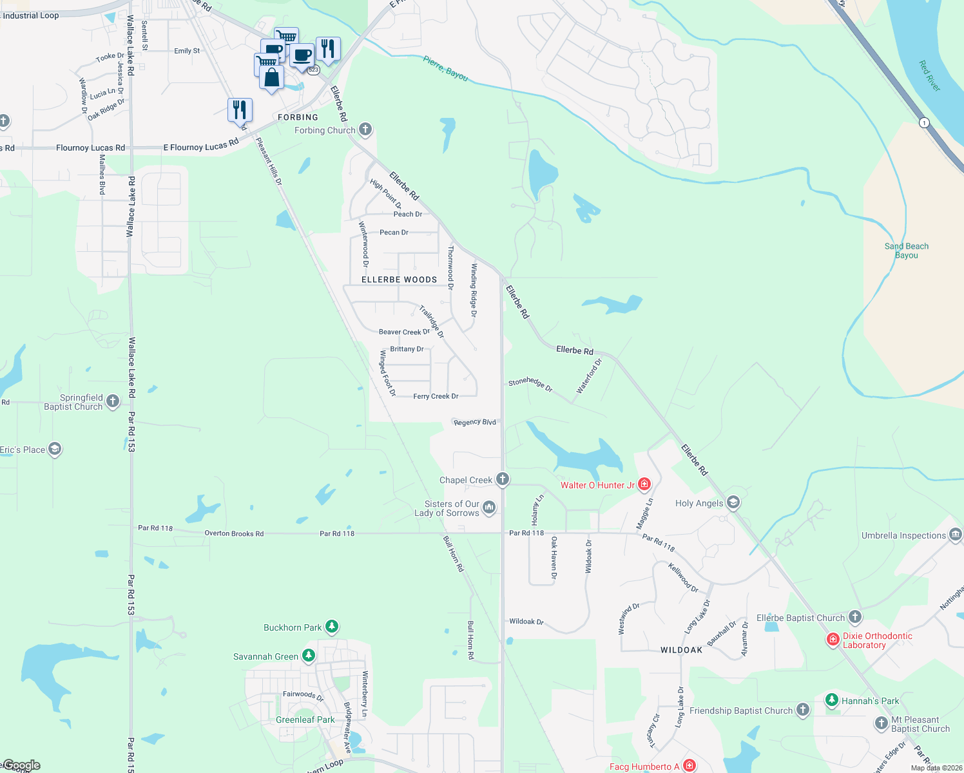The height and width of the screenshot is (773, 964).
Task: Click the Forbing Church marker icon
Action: (365, 129)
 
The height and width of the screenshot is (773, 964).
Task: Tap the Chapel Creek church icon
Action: (503, 479)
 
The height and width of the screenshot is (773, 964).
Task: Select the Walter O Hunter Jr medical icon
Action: (644, 484)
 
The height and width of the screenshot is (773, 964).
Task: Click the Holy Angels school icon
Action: (733, 502)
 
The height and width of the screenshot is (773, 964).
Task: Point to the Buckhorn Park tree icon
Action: (331, 626)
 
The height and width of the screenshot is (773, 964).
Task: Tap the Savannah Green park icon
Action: (309, 656)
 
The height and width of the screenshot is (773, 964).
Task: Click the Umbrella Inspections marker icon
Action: (956, 535)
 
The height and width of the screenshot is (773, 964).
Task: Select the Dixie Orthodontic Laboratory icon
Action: (833, 640)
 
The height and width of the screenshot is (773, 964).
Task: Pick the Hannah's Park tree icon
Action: (832, 700)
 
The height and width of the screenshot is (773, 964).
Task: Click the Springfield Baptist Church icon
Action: (113, 401)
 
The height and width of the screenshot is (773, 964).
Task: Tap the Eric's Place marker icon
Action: (55, 449)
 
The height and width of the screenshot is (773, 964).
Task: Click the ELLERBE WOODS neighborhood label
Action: (399, 280)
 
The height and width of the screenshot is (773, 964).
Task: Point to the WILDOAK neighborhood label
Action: (681, 650)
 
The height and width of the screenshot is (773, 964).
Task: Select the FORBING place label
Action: (298, 117)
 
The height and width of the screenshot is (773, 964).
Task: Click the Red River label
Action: (929, 75)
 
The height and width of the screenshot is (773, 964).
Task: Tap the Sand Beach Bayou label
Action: (906, 251)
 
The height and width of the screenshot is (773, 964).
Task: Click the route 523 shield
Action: (313, 70)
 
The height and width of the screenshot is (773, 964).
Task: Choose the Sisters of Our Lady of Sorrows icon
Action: (489, 508)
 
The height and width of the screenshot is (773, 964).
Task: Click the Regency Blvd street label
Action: (475, 422)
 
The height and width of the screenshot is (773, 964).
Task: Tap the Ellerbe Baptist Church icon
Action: (854, 617)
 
